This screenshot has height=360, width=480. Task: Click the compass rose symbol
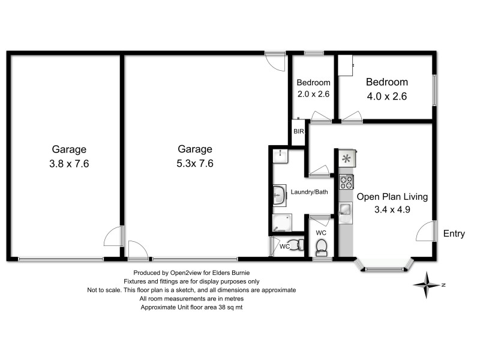click(427, 285)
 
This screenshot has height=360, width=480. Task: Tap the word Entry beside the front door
click(454, 234)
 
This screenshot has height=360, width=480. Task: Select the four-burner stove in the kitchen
click(346, 181)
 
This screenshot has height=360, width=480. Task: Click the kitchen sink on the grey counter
click(346, 209)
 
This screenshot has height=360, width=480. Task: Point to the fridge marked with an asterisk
click(346, 158)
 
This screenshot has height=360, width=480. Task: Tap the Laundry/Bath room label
click(309, 192)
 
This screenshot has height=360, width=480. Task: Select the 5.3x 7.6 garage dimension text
click(195, 163)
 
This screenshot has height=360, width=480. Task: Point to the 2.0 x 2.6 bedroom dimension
click(313, 94)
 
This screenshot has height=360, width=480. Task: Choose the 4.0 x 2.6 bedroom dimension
click(387, 95)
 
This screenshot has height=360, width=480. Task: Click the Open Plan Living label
click(392, 197)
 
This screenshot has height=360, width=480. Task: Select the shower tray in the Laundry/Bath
click(281, 223)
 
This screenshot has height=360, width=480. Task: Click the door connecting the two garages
click(114, 236)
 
